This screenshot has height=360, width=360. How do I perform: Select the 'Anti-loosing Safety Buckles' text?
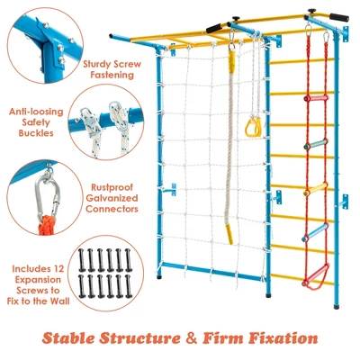point(35,122)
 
